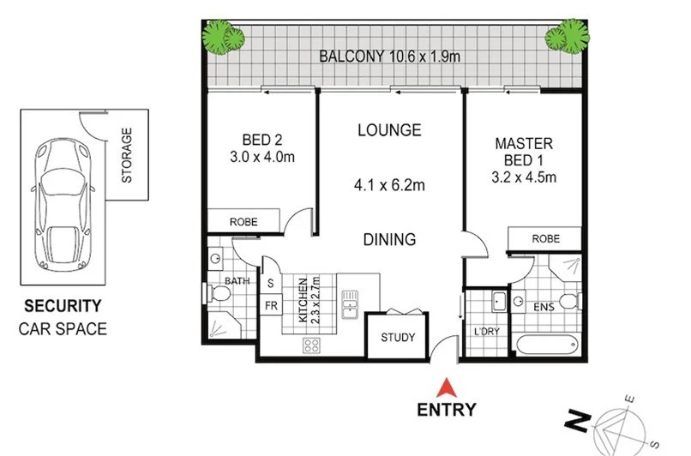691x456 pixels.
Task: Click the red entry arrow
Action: [445, 386]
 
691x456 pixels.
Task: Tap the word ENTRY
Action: [446, 410]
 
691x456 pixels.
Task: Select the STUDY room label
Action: [397, 338]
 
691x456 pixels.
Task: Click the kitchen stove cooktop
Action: [311, 346]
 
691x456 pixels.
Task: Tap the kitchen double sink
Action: [350, 304]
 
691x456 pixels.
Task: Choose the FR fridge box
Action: [270, 305]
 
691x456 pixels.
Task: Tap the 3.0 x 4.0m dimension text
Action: [262, 157]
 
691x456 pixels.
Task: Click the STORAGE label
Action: [127, 155]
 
